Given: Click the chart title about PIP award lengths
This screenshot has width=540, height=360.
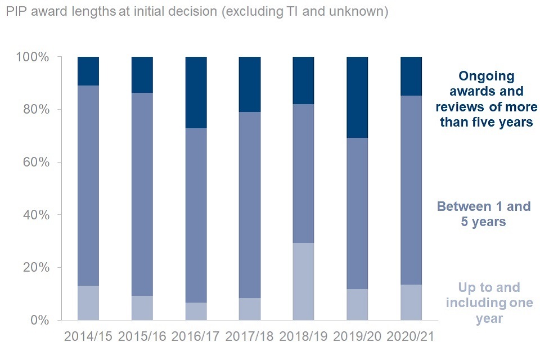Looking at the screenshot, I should point(196,12).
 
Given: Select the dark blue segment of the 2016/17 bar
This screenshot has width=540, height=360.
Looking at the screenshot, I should point(196,92).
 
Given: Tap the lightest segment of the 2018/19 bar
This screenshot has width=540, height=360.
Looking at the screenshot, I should point(304,281).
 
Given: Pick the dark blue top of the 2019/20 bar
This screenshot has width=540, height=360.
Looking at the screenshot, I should point(358,97).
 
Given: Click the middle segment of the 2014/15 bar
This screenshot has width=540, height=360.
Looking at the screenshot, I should point(88,186).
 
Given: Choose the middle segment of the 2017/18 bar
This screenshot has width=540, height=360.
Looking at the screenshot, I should point(250,205).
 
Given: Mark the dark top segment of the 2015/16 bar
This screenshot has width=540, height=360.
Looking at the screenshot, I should point(142,75).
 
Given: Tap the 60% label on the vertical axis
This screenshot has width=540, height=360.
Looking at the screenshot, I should point(36,163).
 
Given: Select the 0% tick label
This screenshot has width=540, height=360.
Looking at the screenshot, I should point(39,321).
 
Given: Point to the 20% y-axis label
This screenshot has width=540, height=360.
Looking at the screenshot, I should point(36,268).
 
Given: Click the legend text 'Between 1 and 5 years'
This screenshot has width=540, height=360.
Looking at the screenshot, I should point(483,214).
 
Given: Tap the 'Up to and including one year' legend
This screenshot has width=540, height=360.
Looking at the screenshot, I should point(481,303).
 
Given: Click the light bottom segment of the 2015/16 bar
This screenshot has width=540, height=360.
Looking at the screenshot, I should point(142,308).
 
